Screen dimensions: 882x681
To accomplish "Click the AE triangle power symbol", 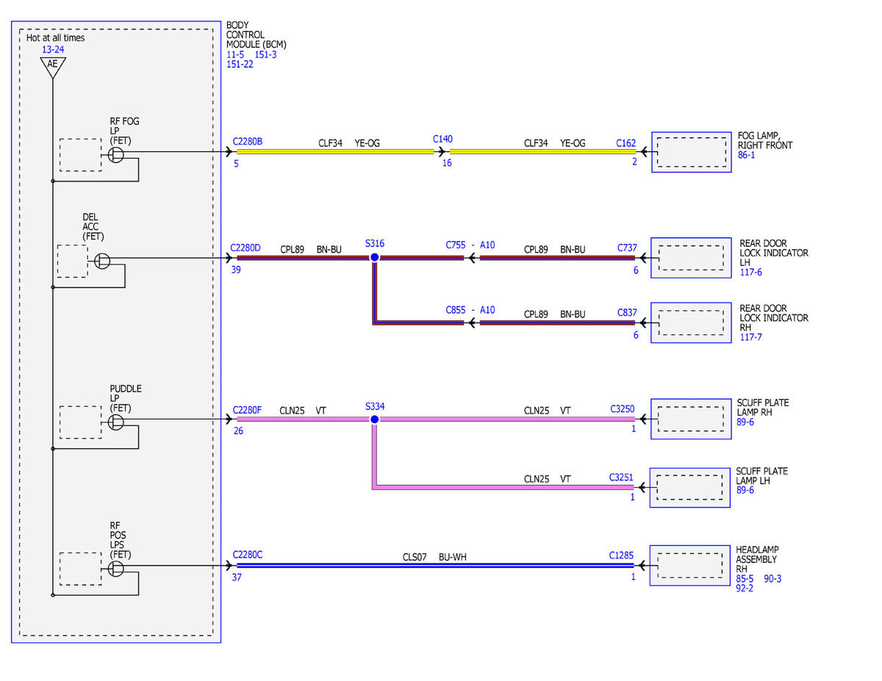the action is (53, 67).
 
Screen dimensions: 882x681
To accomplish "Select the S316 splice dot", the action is (375, 257).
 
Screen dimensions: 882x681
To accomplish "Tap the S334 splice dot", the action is (375, 419).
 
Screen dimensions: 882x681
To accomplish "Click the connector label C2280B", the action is (247, 142).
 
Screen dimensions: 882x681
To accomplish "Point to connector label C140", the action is (442, 139).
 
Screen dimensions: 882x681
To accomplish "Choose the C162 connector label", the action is (625, 143).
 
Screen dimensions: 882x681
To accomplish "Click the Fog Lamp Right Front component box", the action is (691, 152).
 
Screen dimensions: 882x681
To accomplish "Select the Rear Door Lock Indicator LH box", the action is (691, 258).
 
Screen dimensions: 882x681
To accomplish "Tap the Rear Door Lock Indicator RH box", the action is (691, 323).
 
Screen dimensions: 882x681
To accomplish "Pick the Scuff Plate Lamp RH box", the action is (691, 419).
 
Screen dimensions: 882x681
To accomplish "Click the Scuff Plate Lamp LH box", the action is (689, 488).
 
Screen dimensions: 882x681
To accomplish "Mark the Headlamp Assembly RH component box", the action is (689, 566).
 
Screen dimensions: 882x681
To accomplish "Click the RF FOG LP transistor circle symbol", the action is (115, 154).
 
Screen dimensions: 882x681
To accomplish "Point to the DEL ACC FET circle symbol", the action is (102, 261).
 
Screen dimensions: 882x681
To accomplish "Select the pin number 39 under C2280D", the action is (236, 270).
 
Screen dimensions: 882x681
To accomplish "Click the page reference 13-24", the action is (53, 49).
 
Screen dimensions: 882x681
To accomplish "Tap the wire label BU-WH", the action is (452, 558).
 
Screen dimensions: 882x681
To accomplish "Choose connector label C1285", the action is (621, 555).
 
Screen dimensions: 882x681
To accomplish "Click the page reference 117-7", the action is (750, 337).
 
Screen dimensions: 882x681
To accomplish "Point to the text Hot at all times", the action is (55, 37).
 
